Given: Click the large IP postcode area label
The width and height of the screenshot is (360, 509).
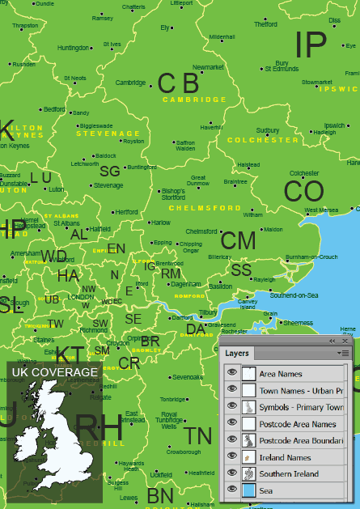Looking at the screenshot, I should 311,45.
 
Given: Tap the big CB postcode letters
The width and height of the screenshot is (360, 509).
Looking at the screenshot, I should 178,83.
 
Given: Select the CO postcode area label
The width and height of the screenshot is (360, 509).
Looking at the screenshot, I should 303,192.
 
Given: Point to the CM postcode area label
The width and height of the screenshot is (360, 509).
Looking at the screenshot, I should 238,240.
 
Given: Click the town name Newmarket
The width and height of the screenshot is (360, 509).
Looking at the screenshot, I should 209,67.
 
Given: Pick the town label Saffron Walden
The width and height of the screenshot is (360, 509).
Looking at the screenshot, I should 185,146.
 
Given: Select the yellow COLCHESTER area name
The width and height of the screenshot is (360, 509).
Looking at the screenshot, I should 263,140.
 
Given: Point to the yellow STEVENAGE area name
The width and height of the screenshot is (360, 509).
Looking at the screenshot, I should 108,134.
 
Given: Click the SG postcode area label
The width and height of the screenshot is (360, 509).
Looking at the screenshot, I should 109,171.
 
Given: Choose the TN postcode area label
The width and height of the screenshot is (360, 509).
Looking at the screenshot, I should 198,438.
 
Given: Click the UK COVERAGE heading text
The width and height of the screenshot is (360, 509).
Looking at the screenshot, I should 55,372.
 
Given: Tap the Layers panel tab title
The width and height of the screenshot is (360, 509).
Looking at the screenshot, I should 237,354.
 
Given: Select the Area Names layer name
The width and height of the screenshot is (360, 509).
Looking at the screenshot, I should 281,374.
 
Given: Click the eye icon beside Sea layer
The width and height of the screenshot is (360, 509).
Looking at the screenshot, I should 231,490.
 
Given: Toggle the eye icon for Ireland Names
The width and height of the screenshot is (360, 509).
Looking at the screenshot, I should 231,457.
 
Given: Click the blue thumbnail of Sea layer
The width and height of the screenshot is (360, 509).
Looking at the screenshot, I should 249,490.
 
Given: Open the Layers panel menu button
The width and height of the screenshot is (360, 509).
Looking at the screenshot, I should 345,354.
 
